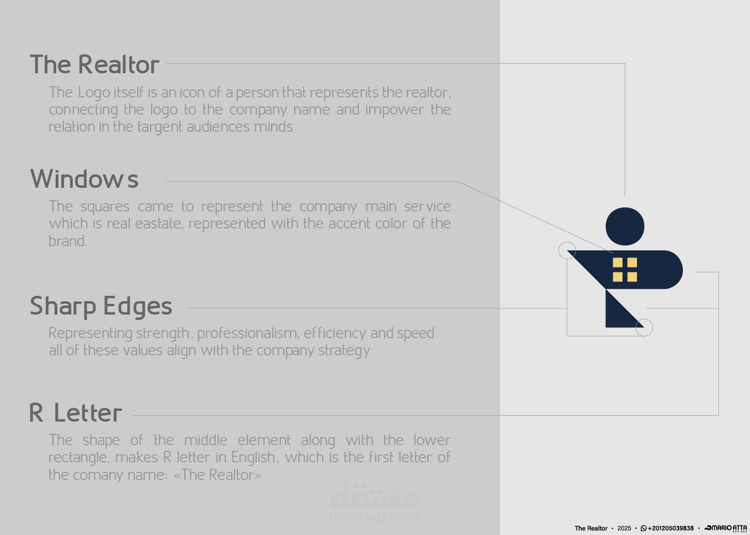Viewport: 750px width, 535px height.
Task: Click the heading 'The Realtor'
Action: (x=95, y=64)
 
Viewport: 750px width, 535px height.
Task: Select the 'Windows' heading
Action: (x=84, y=179)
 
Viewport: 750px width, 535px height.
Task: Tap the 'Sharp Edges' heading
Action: (x=101, y=307)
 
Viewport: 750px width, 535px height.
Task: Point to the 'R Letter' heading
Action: (x=76, y=412)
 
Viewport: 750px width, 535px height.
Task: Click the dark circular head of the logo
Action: (x=625, y=226)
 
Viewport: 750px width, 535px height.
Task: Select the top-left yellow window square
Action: (x=618, y=263)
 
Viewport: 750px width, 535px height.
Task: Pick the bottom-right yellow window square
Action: (x=632, y=277)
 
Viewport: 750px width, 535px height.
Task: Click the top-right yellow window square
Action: (x=632, y=263)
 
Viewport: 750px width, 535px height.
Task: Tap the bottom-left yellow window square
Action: (x=618, y=277)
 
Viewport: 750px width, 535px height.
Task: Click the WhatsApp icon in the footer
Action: (x=643, y=529)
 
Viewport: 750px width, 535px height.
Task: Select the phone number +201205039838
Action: (x=671, y=529)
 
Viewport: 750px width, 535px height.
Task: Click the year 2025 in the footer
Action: (x=624, y=529)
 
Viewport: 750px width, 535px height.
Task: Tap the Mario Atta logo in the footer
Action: (x=725, y=529)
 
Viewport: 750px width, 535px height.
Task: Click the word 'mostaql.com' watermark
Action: (x=374, y=517)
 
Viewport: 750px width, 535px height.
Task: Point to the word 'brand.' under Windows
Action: (x=67, y=241)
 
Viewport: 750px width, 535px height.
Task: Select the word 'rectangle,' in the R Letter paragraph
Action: (x=79, y=457)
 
